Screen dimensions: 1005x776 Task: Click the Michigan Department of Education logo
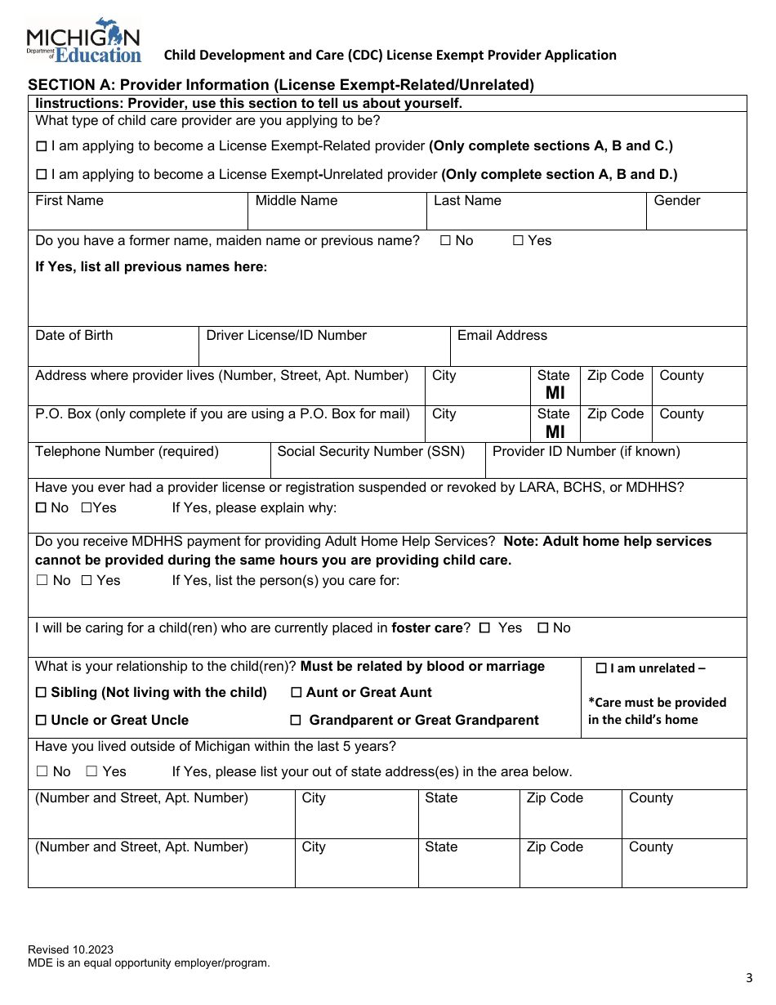[84, 41]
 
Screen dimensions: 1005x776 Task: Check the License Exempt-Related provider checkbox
[42, 147]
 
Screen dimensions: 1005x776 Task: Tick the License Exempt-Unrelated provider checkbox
[42, 175]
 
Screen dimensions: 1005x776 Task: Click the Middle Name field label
[296, 201]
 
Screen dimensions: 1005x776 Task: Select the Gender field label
[676, 201]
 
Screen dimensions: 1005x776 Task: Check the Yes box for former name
[518, 241]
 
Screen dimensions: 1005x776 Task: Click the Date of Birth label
[74, 336]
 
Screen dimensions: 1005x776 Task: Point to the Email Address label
[502, 336]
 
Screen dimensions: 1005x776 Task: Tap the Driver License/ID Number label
[286, 336]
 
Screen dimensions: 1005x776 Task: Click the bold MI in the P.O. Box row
[555, 431]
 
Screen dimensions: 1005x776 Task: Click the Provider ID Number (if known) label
[586, 452]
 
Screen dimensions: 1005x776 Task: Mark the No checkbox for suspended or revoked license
[41, 508]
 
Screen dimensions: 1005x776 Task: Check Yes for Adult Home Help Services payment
[87, 581]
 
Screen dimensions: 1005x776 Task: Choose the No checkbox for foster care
[543, 628]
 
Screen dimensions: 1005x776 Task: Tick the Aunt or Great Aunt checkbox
[297, 693]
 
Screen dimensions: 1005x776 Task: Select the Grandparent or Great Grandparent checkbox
[296, 721]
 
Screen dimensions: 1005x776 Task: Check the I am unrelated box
[601, 668]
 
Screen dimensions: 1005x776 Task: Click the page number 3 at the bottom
[749, 978]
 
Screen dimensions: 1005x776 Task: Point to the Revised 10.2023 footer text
[70, 949]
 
